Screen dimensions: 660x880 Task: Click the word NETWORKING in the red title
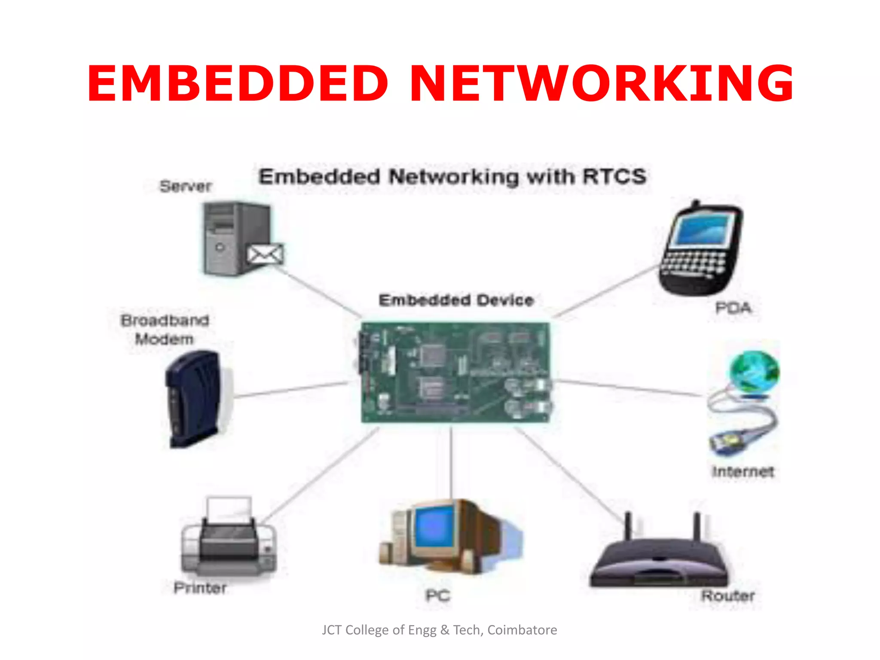(602, 83)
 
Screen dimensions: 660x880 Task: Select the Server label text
(186, 186)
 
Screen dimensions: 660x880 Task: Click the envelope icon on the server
(265, 254)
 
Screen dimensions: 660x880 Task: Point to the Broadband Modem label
(165, 330)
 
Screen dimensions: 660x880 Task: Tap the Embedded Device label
(456, 300)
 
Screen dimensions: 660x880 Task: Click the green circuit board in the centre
(455, 372)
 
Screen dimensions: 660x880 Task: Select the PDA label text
(733, 308)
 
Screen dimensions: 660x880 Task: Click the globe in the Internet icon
(754, 371)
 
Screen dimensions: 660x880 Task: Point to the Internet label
(743, 471)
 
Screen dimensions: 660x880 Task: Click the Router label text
(728, 596)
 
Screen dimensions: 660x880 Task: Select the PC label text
(438, 596)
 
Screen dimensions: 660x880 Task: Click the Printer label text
(200, 587)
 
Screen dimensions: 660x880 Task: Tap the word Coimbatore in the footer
(522, 630)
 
